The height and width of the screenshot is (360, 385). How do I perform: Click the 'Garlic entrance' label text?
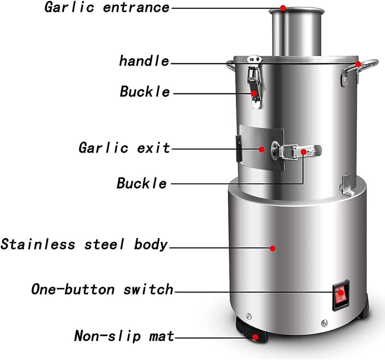(x=107, y=7)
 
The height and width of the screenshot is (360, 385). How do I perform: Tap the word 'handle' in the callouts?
(x=144, y=61)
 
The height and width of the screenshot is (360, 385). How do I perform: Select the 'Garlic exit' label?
(x=124, y=148)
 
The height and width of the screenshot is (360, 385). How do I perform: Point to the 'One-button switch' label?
(x=102, y=289)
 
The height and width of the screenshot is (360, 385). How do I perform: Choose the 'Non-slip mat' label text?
(x=124, y=336)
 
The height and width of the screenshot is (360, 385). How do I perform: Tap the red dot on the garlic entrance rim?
(x=283, y=8)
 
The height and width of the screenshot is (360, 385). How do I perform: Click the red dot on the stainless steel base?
(x=273, y=248)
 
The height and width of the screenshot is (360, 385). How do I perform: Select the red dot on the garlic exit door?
(x=261, y=149)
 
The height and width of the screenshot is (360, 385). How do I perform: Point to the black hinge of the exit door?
(x=239, y=148)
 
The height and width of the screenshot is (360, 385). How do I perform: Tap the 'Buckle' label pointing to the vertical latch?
(x=145, y=92)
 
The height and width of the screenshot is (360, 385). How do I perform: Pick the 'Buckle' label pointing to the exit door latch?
(x=141, y=183)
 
